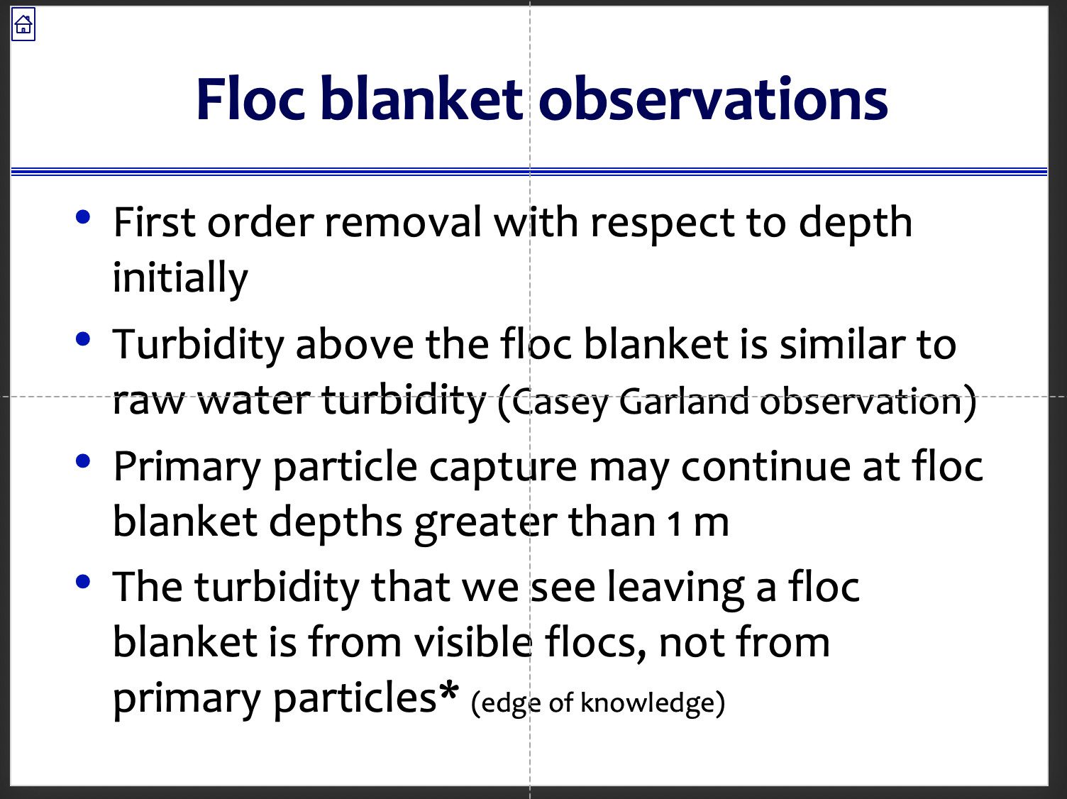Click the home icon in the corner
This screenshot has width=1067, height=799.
(x=23, y=26)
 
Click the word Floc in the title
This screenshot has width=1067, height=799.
(x=250, y=99)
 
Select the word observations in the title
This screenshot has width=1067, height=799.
(x=713, y=99)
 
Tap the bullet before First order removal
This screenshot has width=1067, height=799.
(x=83, y=217)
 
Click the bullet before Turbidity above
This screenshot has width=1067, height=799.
(x=83, y=339)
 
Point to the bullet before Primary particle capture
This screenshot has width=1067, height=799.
(x=83, y=461)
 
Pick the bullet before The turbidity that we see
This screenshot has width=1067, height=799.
(x=83, y=582)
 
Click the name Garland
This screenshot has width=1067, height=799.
(x=684, y=402)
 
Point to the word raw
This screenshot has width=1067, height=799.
(x=148, y=402)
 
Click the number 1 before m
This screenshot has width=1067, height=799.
(x=674, y=524)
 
